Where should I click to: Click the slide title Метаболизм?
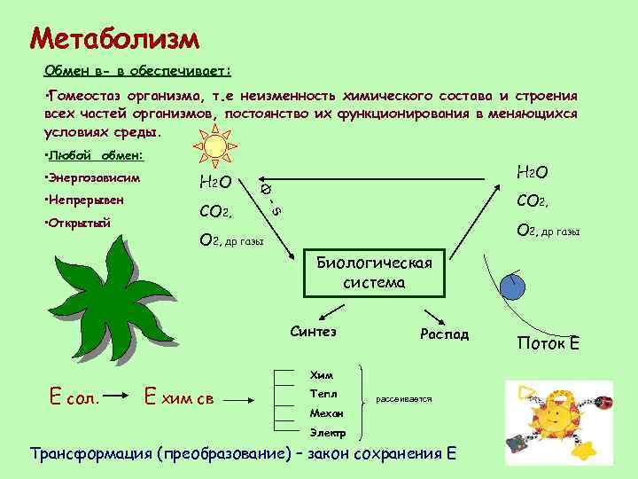coord(114,38)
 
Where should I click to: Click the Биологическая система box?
coord(373,273)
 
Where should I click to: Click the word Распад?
coord(444,334)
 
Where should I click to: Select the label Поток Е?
coord(549,342)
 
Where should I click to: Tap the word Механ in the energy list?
coord(326,412)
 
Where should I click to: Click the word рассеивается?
coord(404,400)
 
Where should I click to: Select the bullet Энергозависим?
coord(93,178)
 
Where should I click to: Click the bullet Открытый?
coord(79,222)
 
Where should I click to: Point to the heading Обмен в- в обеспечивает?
coord(137,70)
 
